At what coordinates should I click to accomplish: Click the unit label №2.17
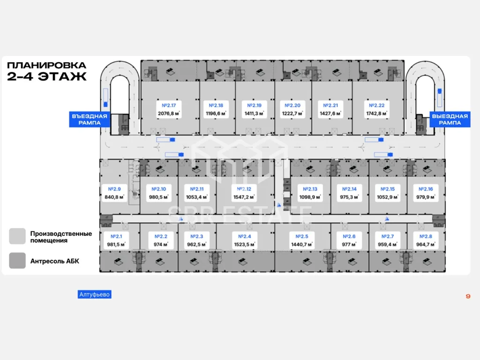[x=168, y=105]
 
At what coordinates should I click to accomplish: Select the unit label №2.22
[x=377, y=105]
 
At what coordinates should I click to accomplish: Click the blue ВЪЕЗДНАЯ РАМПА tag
[x=89, y=120]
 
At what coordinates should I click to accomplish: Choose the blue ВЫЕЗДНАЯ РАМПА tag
[x=450, y=120]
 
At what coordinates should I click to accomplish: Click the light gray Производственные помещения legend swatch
[x=17, y=236]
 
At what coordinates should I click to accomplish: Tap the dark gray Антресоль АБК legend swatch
[x=17, y=261]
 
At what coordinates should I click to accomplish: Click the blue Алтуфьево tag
[x=95, y=294]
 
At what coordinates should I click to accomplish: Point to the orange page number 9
[x=468, y=296]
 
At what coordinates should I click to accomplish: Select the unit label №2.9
[x=114, y=189]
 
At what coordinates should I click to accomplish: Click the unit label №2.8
[x=426, y=236]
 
